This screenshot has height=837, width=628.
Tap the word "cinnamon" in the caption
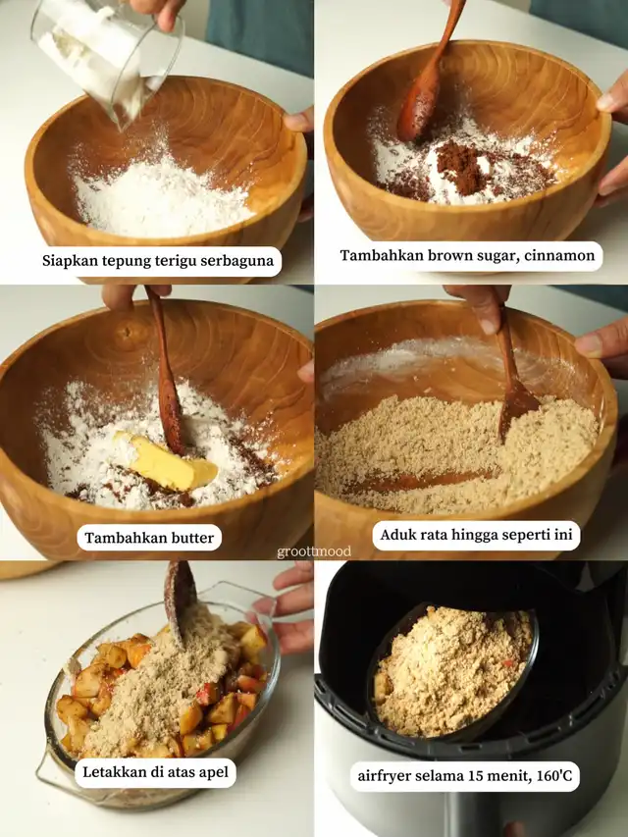(x=559, y=255)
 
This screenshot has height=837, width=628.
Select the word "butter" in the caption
(x=192, y=537)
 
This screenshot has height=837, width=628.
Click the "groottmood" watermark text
(x=314, y=551)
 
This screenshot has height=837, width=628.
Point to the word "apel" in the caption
(x=213, y=772)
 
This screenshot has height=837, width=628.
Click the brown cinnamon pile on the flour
(x=460, y=168)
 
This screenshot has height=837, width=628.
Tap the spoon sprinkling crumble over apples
(x=180, y=598)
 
